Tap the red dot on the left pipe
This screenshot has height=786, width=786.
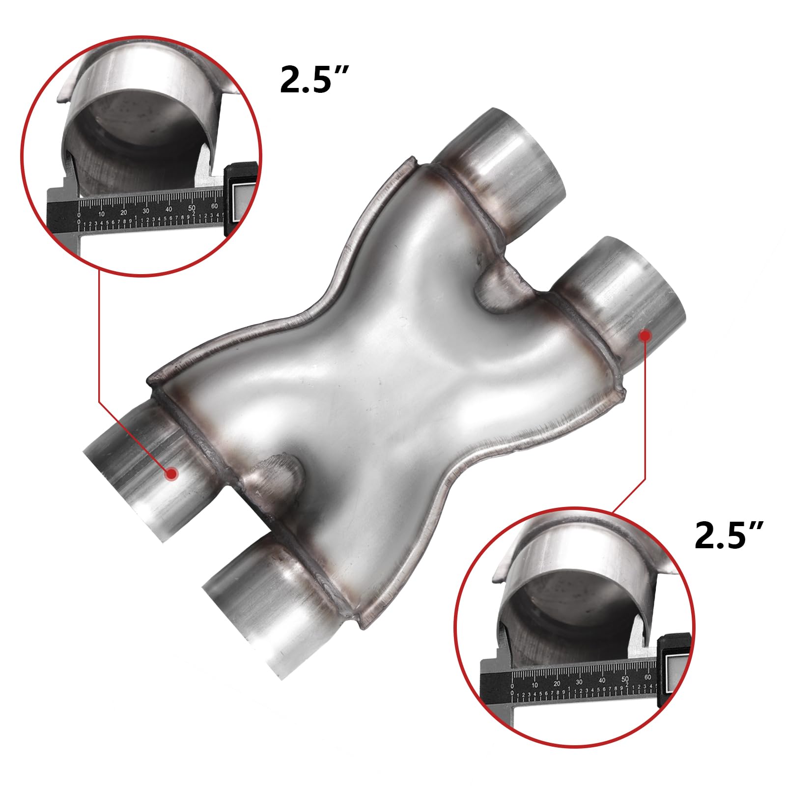(x=171, y=473)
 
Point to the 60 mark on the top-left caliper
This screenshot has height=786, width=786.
(x=215, y=206)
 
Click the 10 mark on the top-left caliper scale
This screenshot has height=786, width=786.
(x=101, y=214)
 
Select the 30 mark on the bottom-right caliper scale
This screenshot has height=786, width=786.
(x=579, y=682)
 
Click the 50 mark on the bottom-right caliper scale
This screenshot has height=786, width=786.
(x=625, y=679)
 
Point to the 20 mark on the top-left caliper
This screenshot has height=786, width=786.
(x=124, y=212)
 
